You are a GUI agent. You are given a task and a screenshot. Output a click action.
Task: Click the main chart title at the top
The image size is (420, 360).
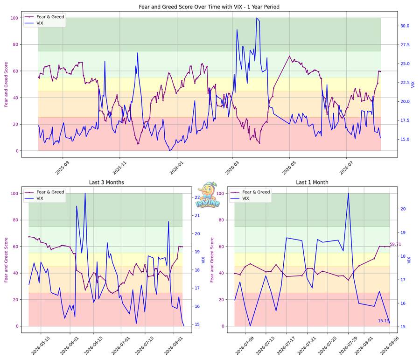pyautogui.click(x=209, y=7)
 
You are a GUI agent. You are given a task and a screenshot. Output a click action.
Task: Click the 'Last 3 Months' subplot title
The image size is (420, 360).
pyautogui.click(x=106, y=182)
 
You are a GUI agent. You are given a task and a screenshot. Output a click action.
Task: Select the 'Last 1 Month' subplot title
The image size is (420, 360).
pyautogui.click(x=312, y=182)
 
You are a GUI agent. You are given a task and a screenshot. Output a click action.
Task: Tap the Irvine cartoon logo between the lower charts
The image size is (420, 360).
pyautogui.click(x=208, y=195)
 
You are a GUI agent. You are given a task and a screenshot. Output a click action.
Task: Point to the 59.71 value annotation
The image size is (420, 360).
pyautogui.click(x=395, y=244)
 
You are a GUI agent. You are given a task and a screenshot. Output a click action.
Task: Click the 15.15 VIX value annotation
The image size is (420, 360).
pyautogui.click(x=384, y=321)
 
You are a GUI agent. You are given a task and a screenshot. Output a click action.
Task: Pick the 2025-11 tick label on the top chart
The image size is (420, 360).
pyautogui.click(x=119, y=168)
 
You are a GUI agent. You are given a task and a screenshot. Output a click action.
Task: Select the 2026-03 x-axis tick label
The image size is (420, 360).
pyautogui.click(x=232, y=168)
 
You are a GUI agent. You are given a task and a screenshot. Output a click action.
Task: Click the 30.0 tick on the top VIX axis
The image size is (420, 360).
pyautogui.click(x=405, y=26)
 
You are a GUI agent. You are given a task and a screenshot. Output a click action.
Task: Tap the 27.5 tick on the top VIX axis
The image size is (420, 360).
pyautogui.click(x=405, y=45)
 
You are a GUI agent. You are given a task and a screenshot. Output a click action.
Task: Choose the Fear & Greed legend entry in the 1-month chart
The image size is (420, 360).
pyautogui.click(x=250, y=192)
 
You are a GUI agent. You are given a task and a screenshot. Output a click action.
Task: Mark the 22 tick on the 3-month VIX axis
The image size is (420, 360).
pyautogui.click(x=197, y=198)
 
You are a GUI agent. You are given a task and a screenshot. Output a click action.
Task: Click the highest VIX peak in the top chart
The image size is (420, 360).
pyautogui.click(x=257, y=18)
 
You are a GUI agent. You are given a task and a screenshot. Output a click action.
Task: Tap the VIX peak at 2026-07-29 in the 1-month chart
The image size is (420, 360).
pyautogui.click(x=348, y=193)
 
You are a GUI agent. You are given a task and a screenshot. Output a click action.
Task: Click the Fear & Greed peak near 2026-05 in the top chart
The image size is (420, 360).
pyautogui.click(x=289, y=56)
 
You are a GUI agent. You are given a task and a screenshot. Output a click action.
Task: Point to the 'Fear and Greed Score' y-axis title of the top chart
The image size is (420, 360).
pyautogui.click(x=6, y=85)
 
